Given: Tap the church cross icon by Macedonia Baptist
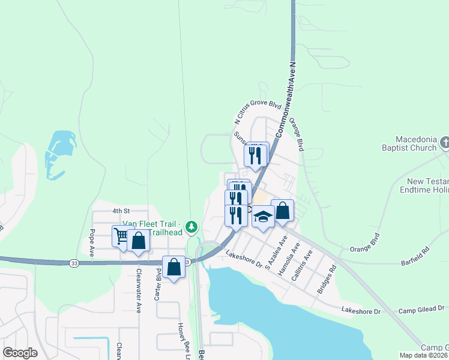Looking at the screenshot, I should pos(445,143).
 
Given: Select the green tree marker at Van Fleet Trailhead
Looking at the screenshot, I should pos(191,227).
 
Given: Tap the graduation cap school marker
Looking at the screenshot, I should pos(262,215).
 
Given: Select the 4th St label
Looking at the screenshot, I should pos(121,211).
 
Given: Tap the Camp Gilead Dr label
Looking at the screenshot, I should pos(423,310).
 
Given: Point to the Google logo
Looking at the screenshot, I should pos(20,353).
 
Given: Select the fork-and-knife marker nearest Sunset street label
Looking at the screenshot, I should pos(256,155).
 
